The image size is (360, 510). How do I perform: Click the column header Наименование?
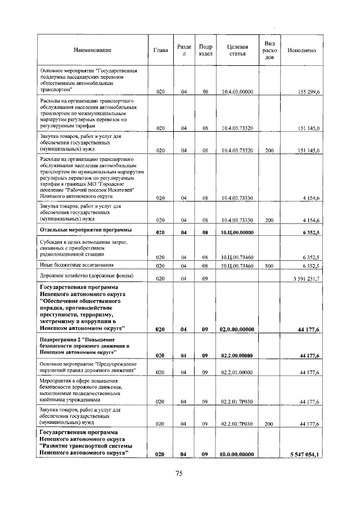click(92, 51)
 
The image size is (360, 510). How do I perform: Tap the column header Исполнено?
click(301, 51)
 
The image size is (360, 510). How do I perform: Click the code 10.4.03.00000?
click(238, 91)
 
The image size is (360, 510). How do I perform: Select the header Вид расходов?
click(269, 51)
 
